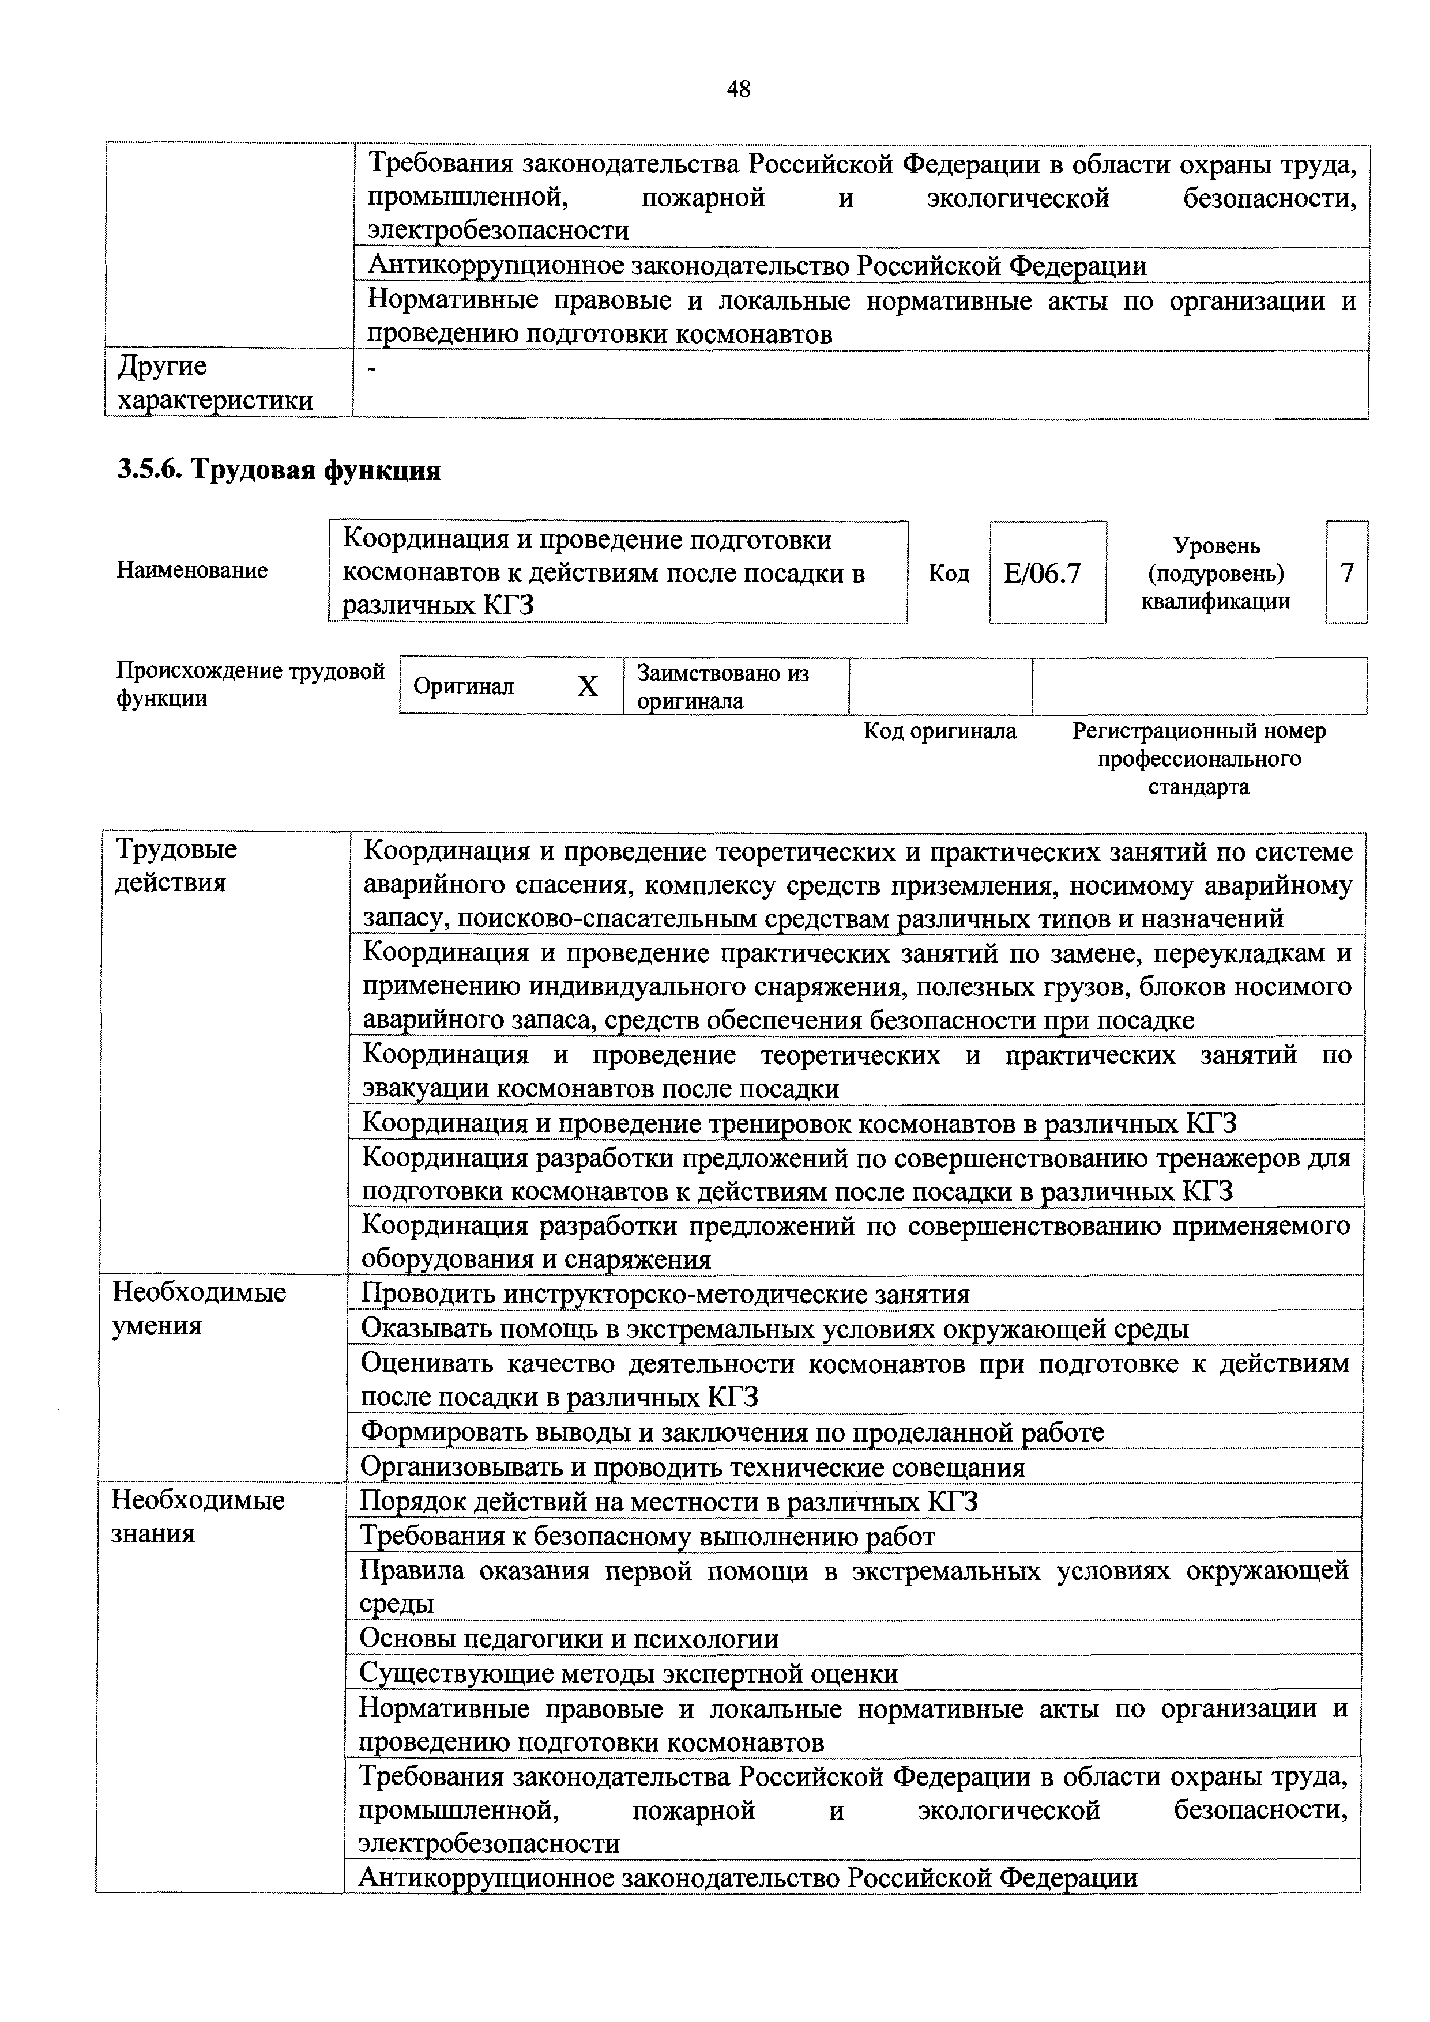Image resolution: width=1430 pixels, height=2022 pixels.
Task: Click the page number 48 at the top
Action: (x=738, y=88)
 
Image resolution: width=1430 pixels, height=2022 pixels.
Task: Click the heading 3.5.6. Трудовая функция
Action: (x=279, y=470)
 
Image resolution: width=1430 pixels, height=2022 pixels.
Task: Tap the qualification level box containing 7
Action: (x=1346, y=574)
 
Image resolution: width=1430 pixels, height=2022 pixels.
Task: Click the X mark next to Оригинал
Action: (x=588, y=686)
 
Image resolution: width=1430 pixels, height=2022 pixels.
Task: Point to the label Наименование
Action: (x=192, y=571)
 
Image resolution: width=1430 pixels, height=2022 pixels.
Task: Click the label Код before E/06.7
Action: (x=949, y=574)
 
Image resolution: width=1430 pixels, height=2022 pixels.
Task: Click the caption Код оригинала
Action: (x=939, y=731)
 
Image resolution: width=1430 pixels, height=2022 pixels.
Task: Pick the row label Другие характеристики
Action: (x=216, y=383)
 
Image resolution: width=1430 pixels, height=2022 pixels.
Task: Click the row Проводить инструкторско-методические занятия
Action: (x=665, y=1295)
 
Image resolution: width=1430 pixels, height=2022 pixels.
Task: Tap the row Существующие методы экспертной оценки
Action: (x=629, y=1673)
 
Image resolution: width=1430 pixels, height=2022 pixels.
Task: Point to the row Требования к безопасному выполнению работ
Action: (x=648, y=1537)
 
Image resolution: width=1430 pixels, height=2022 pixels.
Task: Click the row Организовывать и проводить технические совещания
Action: (x=694, y=1467)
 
